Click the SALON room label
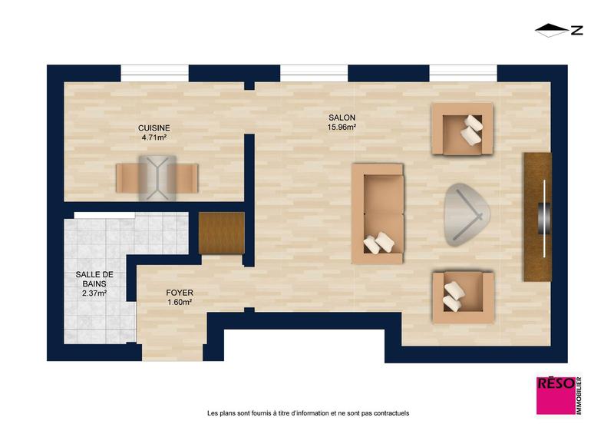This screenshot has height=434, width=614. tap(341, 118)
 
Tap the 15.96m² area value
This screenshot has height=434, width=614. tap(341, 128)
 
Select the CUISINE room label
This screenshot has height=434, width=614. tap(153, 128)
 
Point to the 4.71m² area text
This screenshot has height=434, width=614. tap(153, 137)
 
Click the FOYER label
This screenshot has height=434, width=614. tap(180, 293)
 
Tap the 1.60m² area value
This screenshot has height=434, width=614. tap(180, 303)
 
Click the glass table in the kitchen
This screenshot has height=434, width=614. tap(157, 177)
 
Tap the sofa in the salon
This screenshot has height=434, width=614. tap(377, 214)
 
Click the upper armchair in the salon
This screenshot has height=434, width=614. tap(462, 129)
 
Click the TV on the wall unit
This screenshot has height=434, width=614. tap(544, 218)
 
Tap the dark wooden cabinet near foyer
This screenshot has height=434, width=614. tap(221, 233)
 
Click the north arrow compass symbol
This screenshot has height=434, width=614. tap(550, 31)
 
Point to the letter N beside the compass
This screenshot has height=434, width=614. tap(576, 31)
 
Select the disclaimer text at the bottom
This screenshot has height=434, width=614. tap(308, 413)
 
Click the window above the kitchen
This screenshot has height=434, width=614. tap(154, 71)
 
